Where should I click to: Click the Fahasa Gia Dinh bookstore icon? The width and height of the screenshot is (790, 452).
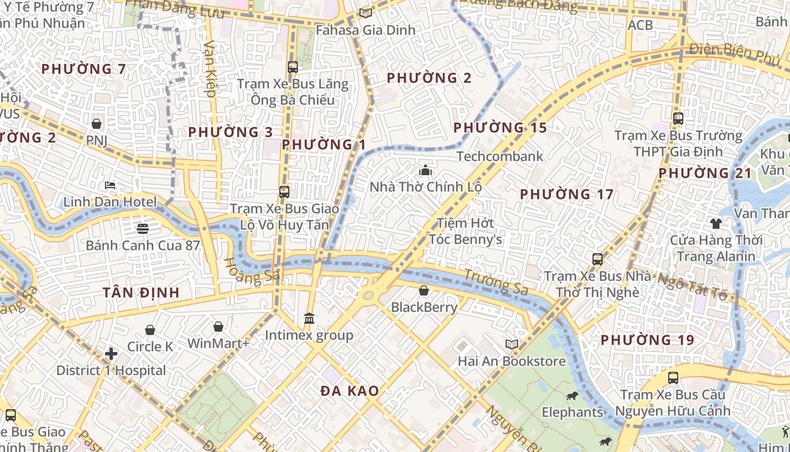366,13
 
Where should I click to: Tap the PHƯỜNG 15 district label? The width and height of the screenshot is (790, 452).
500,128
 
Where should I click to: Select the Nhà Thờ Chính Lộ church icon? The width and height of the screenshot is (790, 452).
425,170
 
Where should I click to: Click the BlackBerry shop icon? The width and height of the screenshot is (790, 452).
424,290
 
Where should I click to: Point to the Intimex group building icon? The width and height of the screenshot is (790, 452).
309,319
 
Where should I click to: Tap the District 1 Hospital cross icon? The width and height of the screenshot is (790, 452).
111,354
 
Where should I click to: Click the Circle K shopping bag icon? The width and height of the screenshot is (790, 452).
150,330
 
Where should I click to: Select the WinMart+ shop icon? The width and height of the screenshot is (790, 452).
218,327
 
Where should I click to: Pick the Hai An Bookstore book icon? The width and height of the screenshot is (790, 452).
512,344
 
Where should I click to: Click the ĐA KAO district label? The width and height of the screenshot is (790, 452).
350,391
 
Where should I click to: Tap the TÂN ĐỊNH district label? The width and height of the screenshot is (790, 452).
141,293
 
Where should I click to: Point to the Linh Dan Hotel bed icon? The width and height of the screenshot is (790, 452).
110,185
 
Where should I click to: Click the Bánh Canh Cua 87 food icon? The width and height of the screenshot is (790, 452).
142,229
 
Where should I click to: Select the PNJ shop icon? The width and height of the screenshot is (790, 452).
96,123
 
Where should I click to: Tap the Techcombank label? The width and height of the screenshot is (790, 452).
499,157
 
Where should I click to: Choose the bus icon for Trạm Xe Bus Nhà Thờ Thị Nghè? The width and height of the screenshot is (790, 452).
597,259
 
